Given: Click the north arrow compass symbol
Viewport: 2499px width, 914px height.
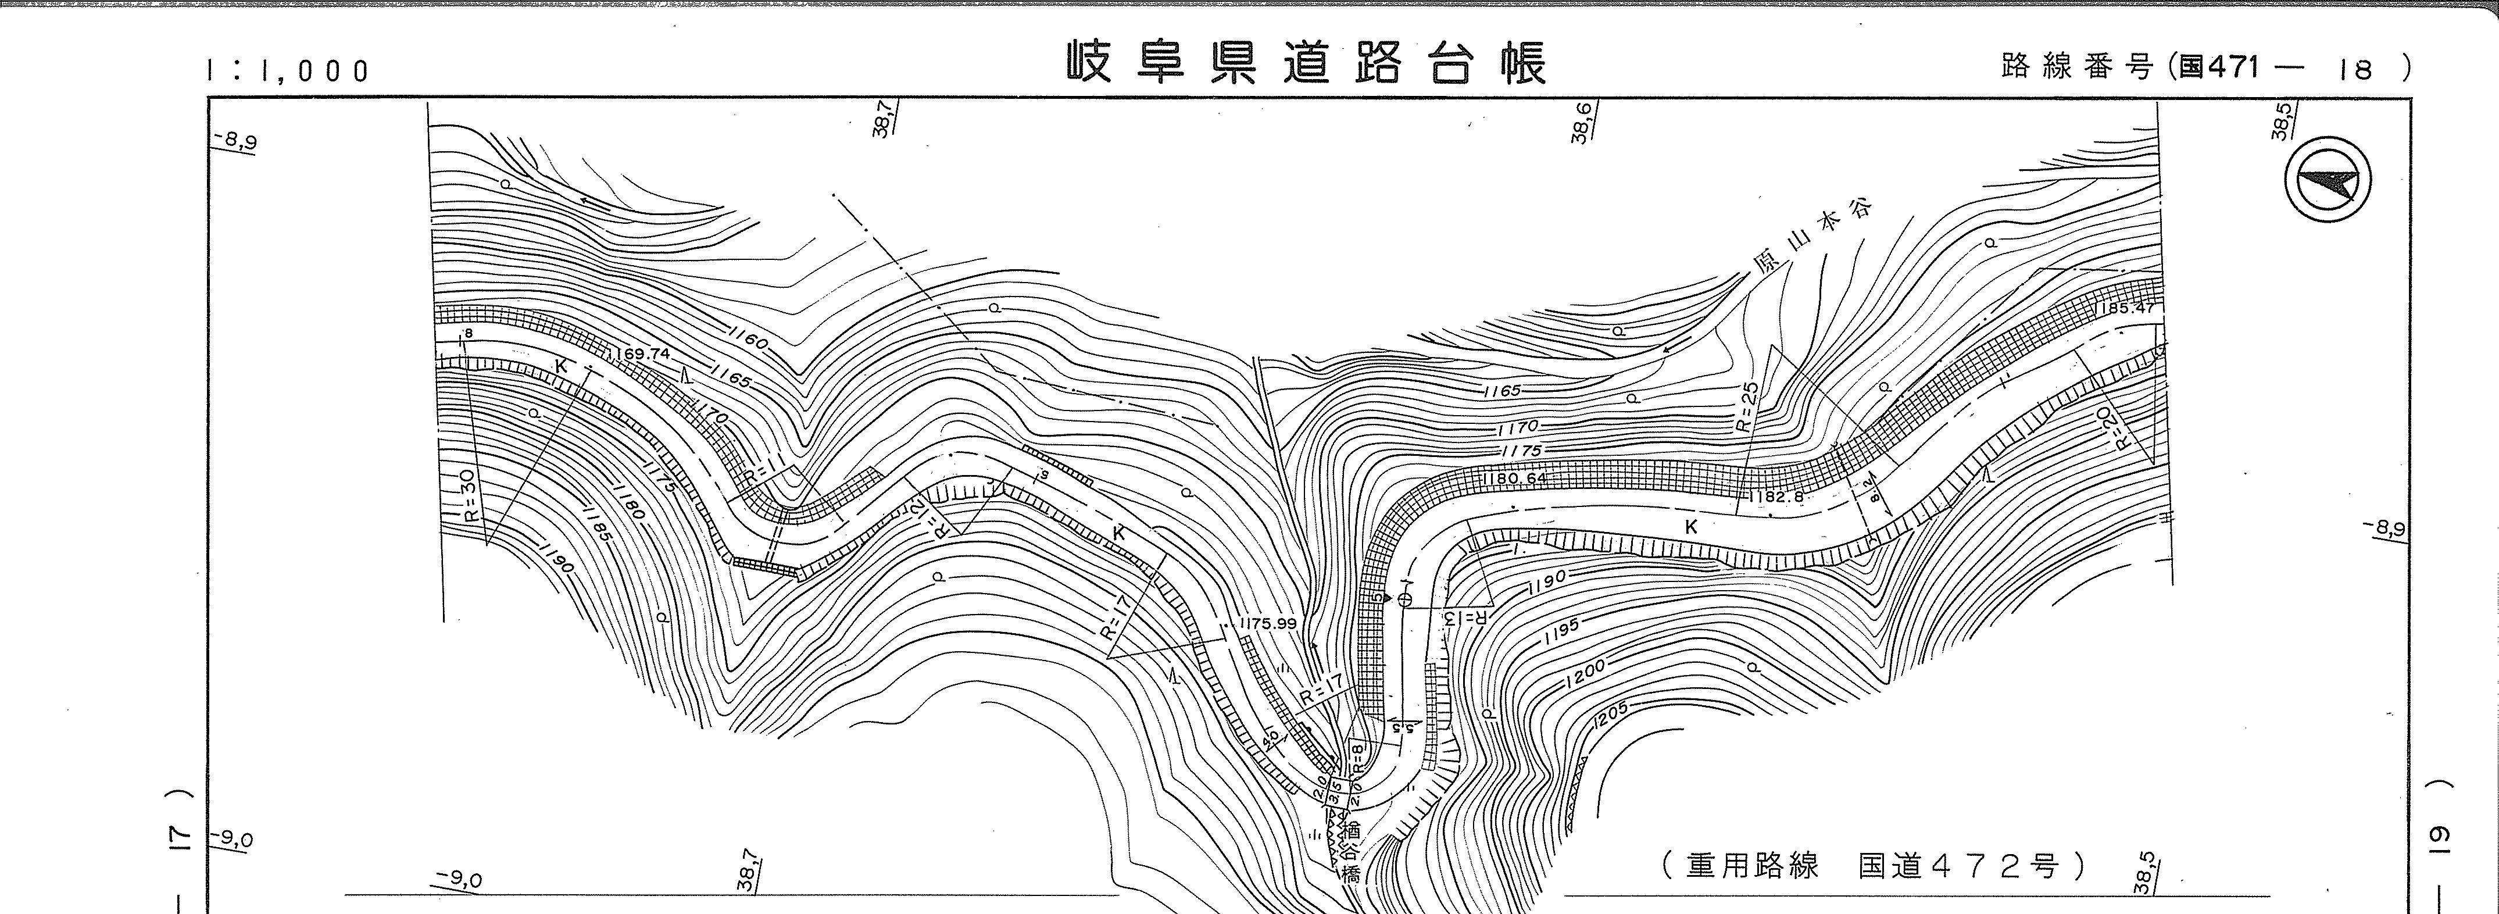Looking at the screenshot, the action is pos(2328,183).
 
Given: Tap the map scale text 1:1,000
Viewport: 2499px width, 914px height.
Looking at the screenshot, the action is pos(288,71).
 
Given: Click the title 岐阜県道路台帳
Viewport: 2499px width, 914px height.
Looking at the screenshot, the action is pos(1307,64).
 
